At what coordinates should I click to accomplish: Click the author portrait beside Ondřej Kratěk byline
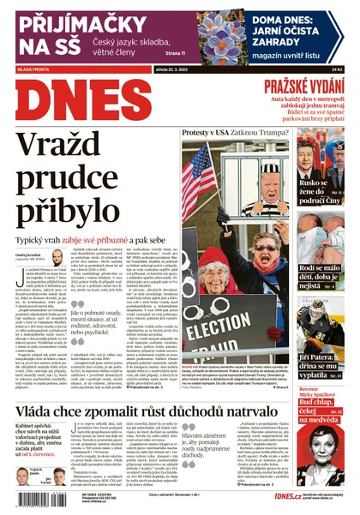[57, 258]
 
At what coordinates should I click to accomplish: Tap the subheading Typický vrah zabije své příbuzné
[86, 239]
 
